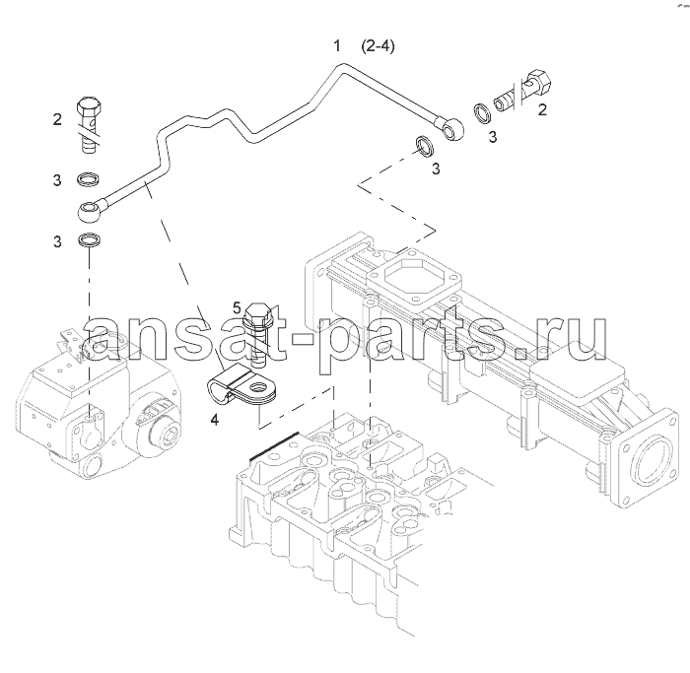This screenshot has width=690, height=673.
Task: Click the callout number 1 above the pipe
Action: tap(337, 45)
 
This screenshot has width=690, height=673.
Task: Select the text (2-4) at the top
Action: tap(378, 45)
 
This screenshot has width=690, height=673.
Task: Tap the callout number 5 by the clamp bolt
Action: tap(238, 307)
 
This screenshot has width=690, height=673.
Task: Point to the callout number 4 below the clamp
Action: tap(214, 420)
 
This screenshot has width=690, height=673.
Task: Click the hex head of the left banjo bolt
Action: tap(91, 106)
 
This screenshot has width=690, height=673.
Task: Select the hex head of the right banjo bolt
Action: tap(538, 82)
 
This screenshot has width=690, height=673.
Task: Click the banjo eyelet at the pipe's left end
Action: tap(91, 210)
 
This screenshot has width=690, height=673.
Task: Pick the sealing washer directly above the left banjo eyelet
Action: tap(89, 179)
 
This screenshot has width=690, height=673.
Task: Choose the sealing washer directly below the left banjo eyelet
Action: tap(89, 240)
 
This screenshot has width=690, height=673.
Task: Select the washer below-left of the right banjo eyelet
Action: tap(425, 147)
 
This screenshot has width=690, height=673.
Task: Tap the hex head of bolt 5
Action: tap(255, 313)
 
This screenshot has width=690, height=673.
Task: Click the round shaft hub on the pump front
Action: tap(165, 433)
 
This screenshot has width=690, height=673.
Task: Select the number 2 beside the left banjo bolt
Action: tap(57, 119)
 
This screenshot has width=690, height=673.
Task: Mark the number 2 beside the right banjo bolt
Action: tap(542, 109)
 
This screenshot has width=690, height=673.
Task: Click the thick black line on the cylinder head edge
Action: tap(274, 447)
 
